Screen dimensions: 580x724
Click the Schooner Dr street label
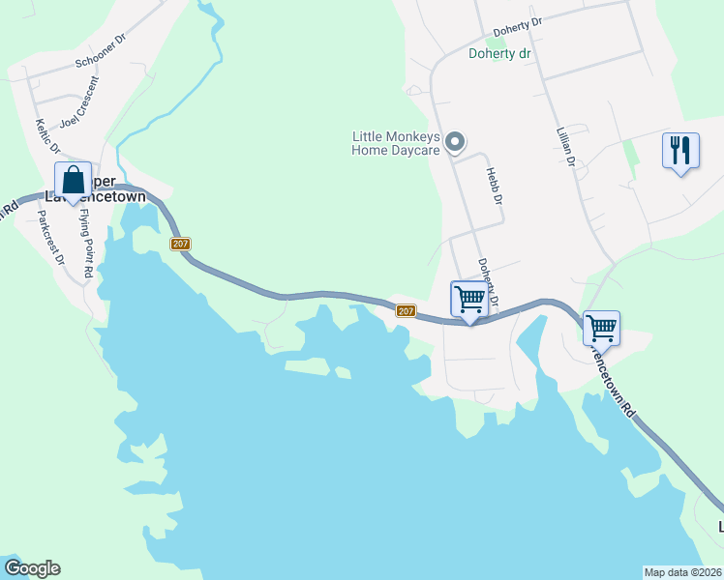click(101, 52)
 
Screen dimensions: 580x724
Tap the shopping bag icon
click(74, 180)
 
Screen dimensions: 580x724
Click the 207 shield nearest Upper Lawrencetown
click(180, 244)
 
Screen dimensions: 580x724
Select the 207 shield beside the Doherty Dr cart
click(406, 310)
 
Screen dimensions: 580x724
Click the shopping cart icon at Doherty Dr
click(469, 300)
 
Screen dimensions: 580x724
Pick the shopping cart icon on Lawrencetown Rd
click(601, 329)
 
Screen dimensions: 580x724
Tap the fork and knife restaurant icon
click(681, 151)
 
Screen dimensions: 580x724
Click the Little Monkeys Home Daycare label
click(396, 143)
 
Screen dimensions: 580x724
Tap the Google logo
click(32, 568)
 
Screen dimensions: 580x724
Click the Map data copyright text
click(683, 571)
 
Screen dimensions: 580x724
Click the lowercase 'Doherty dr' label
click(500, 54)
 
